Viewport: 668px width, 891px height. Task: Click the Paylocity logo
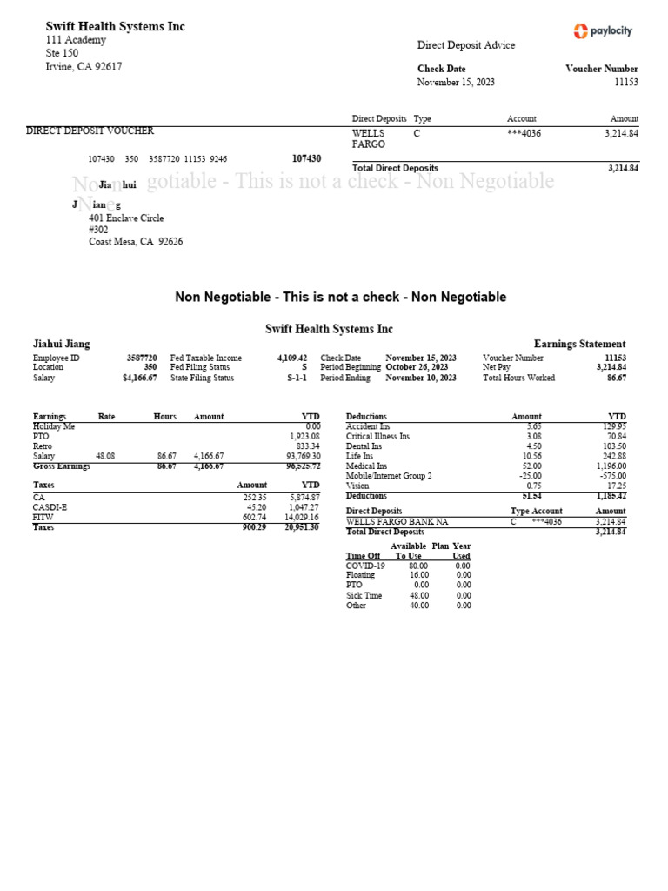pos(603,31)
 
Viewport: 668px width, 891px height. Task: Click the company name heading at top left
pos(115,27)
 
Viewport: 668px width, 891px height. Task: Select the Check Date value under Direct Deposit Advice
pos(457,82)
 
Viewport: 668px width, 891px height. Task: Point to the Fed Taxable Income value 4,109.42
pos(292,358)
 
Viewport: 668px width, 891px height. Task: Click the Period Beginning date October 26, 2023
pos(421,368)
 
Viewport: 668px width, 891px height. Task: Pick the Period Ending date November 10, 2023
pos(421,379)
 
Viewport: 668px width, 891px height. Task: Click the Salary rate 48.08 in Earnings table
pos(105,456)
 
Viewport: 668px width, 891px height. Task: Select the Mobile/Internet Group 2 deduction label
pos(389,476)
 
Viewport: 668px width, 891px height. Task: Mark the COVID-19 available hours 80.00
pos(418,566)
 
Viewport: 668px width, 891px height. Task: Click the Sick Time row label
pos(364,595)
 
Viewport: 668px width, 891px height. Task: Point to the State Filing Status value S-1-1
pos(297,379)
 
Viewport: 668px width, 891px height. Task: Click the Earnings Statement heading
pos(579,345)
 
